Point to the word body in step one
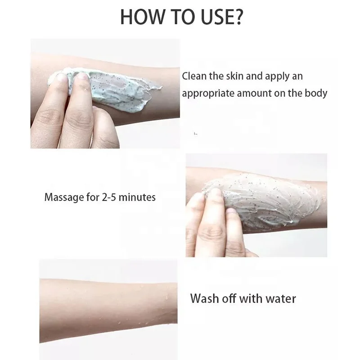click(x=316, y=93)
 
